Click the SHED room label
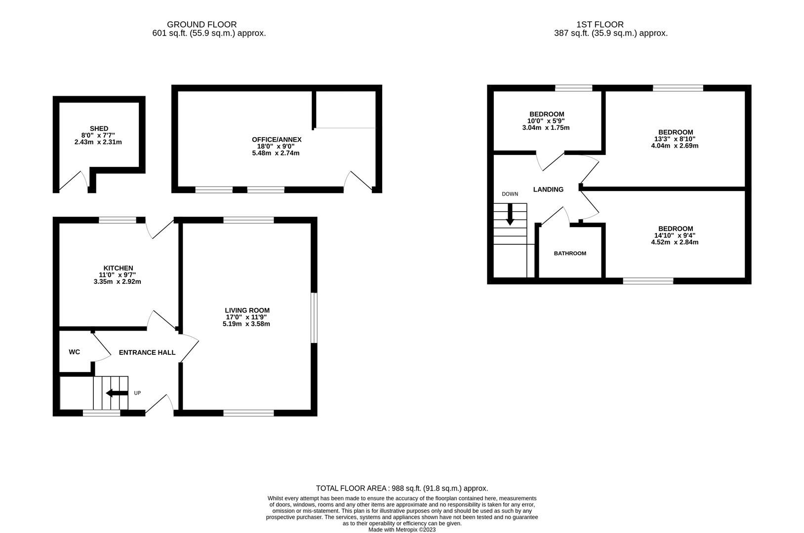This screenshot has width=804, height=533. coord(99,129)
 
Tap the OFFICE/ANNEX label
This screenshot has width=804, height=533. coord(276,140)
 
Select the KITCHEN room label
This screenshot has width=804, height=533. coord(118,268)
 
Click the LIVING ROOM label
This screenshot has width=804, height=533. coord(247,310)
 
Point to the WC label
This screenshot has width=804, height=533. coord(74,352)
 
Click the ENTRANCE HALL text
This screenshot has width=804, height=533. coord(147,352)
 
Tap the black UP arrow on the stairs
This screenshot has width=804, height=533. coord(117,393)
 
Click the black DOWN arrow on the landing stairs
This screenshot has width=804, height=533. coord(510,215)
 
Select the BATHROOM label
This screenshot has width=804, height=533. coord(570,253)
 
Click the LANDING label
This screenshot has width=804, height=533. coord(548,190)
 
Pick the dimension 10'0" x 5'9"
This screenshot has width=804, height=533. coord(546,121)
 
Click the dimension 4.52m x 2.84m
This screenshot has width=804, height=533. coord(675,242)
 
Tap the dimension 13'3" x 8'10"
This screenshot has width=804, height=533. coord(675,139)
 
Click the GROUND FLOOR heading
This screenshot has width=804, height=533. coord(201,24)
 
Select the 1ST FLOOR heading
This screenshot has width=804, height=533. coord(600,24)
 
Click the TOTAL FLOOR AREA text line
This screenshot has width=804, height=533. coord(402,488)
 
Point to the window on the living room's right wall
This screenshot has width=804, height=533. coord(314,318)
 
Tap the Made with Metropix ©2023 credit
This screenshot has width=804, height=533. coord(402,530)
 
